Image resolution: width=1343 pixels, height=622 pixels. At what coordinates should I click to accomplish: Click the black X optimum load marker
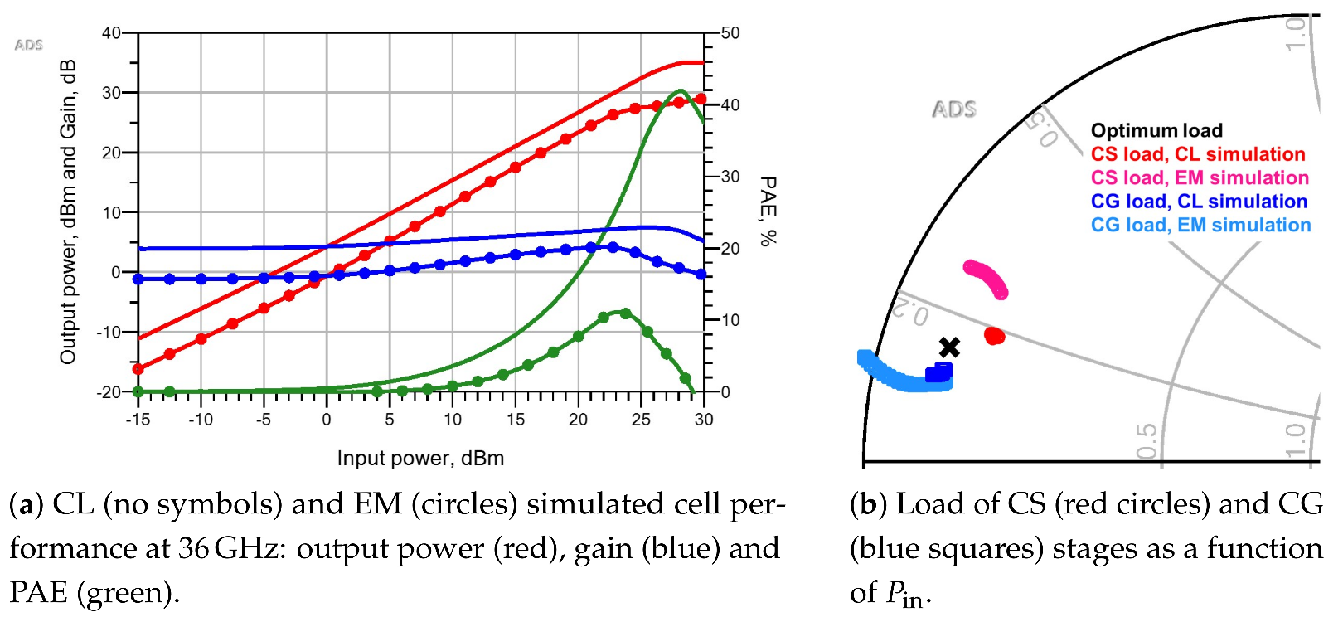[x=949, y=347]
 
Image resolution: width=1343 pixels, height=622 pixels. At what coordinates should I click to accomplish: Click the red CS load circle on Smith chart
[x=994, y=335]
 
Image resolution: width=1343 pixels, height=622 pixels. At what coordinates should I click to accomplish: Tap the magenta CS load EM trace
[x=987, y=278]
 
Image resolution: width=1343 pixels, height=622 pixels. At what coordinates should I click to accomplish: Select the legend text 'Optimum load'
[x=1156, y=130]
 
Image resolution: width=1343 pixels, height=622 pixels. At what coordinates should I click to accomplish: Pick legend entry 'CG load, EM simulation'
[x=1200, y=225]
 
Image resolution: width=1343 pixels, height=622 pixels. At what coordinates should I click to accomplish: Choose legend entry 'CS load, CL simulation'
[x=1197, y=154]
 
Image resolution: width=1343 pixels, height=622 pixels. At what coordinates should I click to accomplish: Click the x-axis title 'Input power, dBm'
[x=420, y=458]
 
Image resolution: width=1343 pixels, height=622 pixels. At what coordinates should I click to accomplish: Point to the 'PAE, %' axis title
[x=768, y=211]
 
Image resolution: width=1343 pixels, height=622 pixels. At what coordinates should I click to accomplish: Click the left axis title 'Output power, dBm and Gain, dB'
[x=68, y=211]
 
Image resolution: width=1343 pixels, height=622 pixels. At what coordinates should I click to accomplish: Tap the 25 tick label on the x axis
[x=641, y=420]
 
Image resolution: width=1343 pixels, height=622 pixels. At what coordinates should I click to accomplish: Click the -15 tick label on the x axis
[x=138, y=420]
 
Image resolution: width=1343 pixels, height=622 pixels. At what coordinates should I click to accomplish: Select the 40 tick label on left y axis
[x=111, y=33]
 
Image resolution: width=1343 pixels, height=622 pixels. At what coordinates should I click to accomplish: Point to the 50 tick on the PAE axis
[x=730, y=33]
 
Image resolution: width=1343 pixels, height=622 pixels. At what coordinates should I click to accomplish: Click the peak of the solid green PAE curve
[x=680, y=90]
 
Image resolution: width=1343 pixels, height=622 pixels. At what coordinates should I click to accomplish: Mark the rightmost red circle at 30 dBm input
[x=701, y=99]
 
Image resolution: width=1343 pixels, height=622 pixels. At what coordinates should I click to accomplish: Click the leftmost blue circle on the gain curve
[x=138, y=279]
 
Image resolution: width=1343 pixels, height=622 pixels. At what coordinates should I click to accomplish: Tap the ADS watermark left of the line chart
[x=28, y=45]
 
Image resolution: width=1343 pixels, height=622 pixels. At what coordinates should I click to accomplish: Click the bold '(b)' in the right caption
[x=868, y=503]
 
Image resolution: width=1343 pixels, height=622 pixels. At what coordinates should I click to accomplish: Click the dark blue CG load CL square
[x=939, y=372]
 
